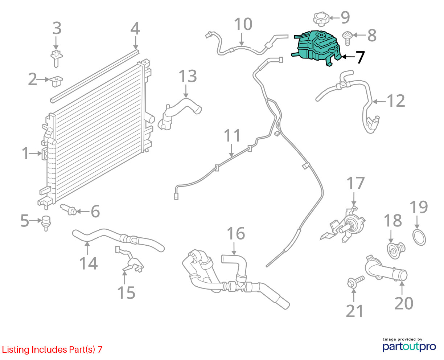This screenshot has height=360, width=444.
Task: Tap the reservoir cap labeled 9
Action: [321, 19]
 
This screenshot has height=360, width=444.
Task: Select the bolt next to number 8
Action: [347, 38]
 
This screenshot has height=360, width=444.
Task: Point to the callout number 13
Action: [188, 76]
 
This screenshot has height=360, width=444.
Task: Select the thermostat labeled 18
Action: [396, 250]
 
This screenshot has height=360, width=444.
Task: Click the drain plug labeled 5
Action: [46, 223]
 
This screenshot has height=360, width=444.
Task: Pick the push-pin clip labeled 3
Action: [57, 58]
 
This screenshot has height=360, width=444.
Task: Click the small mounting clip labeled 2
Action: [56, 81]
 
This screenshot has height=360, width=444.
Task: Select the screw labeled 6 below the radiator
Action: [68, 210]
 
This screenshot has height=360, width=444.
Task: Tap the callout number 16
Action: [236, 233]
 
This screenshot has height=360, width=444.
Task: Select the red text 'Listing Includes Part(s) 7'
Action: [52, 349]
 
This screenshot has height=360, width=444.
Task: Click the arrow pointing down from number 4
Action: [136, 43]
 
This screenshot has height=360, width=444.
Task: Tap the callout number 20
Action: [404, 303]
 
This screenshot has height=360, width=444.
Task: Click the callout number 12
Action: [396, 101]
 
